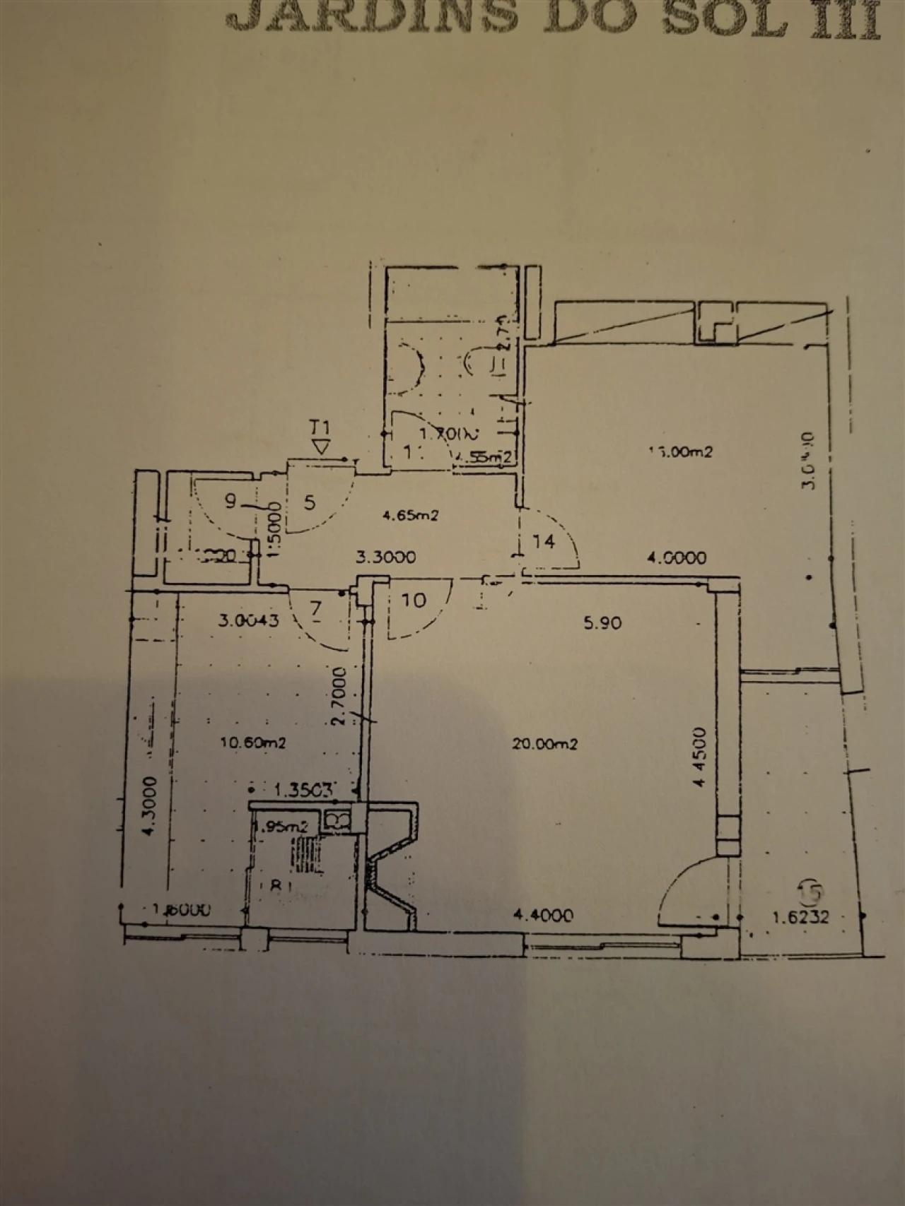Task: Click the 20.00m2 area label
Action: coord(545,744)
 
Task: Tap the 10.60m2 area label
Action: coord(253,743)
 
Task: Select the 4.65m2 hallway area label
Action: coord(411,516)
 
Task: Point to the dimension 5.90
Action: coord(602,622)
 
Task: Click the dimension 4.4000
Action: coord(543,916)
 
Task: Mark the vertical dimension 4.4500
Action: coord(699,757)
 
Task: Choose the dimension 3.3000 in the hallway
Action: coord(385,557)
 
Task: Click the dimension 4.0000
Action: coord(677,558)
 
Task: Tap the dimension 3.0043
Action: coord(249,621)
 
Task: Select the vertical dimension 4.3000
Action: coord(148,806)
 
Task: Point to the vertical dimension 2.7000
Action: coord(339,696)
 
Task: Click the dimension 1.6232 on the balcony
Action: coord(800,918)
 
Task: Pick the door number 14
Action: coord(544,542)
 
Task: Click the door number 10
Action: coord(414,601)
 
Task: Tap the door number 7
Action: coord(315,608)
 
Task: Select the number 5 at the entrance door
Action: coord(310,502)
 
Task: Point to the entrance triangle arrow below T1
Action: coord(322,447)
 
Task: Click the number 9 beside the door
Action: coord(230,502)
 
